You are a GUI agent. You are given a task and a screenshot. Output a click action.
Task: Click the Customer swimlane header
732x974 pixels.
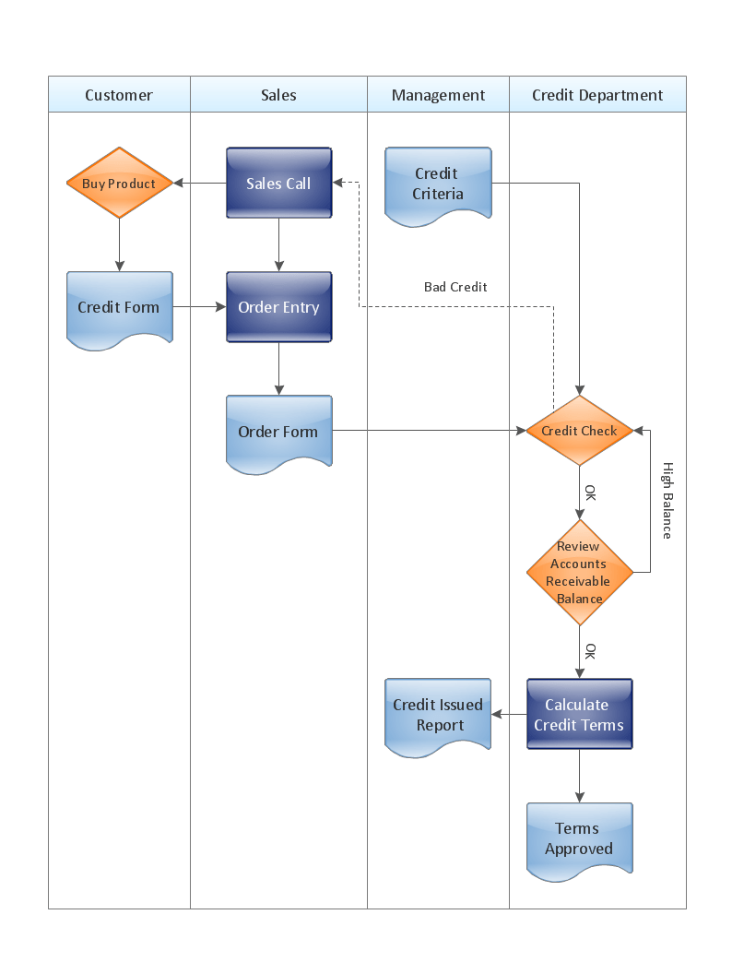coord(119,95)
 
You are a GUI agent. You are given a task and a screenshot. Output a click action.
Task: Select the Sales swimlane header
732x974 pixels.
coord(278,95)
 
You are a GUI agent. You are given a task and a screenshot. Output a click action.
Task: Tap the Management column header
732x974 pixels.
coord(438,95)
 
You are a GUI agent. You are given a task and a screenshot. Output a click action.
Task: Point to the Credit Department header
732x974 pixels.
coord(597,95)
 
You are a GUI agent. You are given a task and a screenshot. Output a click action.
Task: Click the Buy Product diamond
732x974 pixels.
coord(119,184)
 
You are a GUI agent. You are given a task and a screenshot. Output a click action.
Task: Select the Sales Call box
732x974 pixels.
coord(278,184)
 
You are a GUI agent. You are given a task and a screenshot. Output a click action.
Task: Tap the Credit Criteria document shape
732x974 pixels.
coord(438,184)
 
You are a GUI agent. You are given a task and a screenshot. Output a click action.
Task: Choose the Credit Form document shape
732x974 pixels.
coord(119,308)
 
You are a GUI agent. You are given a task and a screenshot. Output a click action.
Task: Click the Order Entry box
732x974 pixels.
coord(278,308)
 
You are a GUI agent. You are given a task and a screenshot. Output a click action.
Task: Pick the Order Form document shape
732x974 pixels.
coord(278,433)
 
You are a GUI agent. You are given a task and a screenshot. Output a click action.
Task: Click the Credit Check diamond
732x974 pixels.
coord(580,431)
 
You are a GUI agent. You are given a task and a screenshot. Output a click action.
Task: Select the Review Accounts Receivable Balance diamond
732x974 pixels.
coord(580,573)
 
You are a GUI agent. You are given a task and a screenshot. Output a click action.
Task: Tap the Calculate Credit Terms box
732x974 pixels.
coord(580,715)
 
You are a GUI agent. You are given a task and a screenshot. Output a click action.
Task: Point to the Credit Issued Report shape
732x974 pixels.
coord(438,716)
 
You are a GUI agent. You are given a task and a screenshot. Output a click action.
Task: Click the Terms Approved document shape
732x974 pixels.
coord(580,839)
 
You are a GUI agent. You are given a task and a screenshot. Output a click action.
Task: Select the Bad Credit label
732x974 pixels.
coord(455,287)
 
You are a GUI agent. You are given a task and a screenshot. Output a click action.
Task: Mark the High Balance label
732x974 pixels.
coord(667,501)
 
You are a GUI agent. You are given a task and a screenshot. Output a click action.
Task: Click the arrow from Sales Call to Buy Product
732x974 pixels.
coord(200,184)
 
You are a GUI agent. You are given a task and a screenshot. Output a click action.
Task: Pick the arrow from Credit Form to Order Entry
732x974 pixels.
coord(199,307)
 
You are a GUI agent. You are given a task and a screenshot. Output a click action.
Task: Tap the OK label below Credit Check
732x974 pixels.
coord(590,493)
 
